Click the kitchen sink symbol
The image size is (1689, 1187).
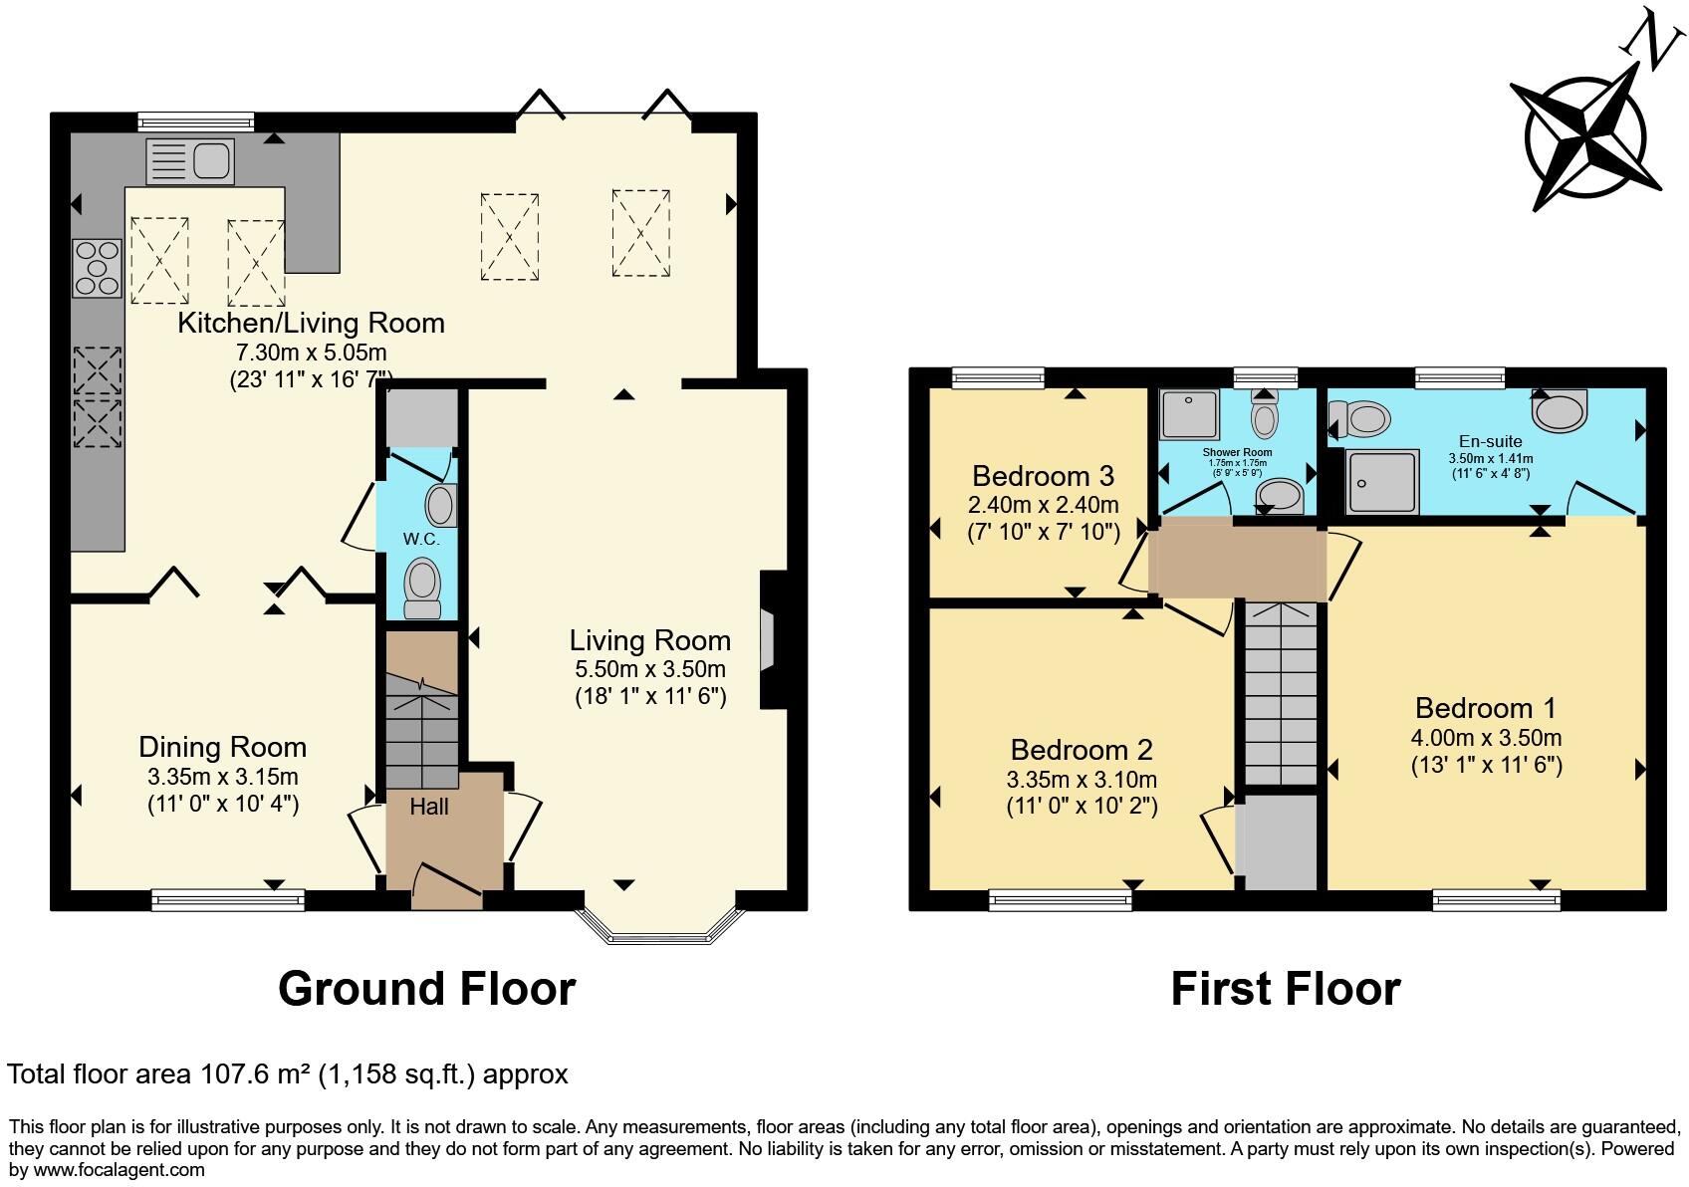[189, 161]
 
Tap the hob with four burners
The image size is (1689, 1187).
[97, 268]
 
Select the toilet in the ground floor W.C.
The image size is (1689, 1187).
[423, 588]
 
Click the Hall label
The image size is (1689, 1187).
[429, 807]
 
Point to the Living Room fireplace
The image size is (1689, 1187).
[768, 639]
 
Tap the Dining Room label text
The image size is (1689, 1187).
[222, 747]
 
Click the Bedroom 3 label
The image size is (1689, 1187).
[1043, 475]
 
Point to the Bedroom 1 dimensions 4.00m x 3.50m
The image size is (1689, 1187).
[1486, 738]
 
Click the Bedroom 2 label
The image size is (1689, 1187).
[1082, 750]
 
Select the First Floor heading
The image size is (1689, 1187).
[1285, 989]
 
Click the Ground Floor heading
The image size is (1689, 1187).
[426, 989]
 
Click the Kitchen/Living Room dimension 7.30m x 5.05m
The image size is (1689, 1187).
[311, 353]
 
